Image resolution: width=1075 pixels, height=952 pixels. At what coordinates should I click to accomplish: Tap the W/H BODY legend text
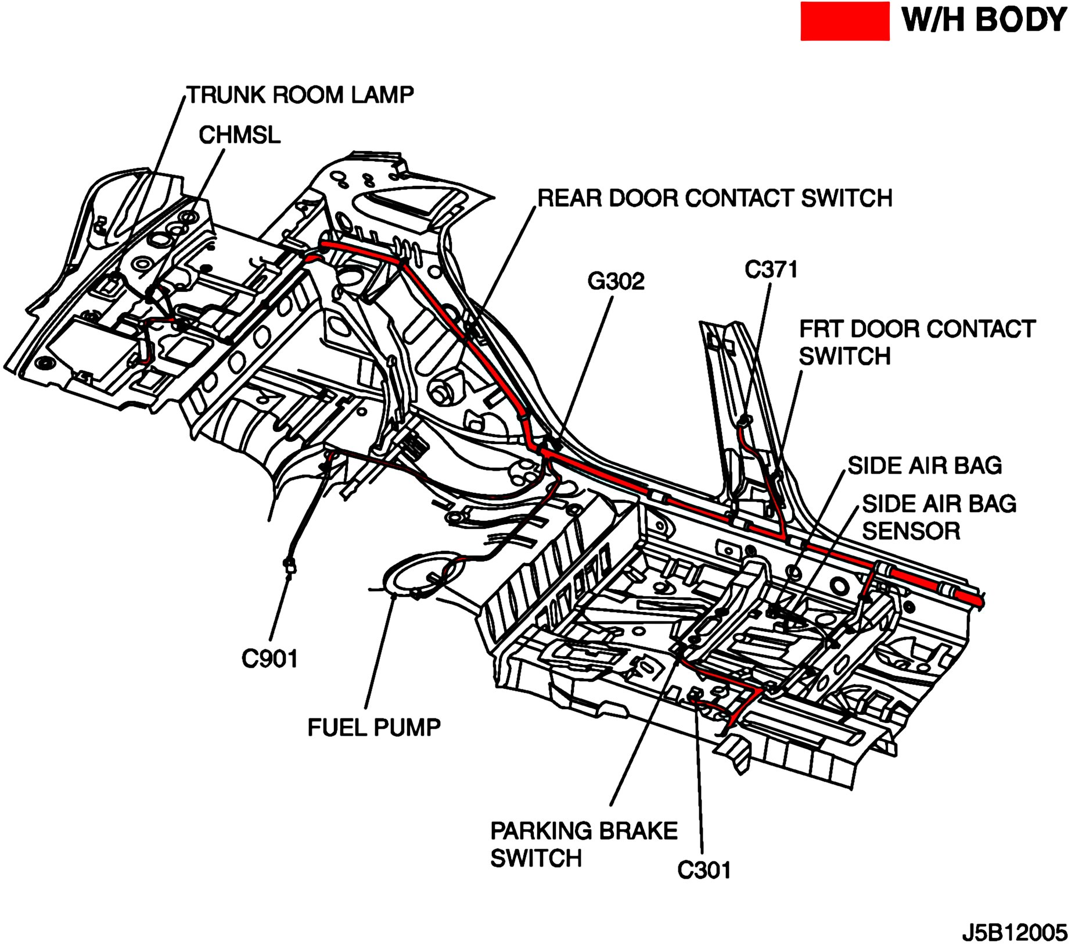tap(983, 20)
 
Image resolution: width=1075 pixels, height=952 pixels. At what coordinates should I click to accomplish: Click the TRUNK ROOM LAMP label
tap(300, 95)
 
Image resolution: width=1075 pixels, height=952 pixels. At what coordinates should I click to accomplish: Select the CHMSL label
tap(239, 135)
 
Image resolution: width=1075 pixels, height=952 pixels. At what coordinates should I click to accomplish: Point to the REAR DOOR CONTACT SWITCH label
tap(714, 199)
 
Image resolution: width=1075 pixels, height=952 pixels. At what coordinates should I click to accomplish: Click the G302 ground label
tap(616, 281)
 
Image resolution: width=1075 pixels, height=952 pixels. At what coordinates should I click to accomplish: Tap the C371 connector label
tap(771, 270)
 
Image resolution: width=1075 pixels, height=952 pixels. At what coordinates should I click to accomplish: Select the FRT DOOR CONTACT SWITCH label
tap(916, 342)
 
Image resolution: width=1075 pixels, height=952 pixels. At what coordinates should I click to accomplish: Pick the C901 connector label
tap(269, 659)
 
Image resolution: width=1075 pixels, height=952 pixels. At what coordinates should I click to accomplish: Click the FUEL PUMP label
tap(373, 727)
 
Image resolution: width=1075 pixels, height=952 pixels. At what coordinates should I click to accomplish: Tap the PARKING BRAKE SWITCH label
tap(583, 844)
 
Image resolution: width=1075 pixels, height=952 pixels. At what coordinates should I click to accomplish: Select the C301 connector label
tap(704, 870)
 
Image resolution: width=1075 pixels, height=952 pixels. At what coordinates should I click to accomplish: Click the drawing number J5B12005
tap(1014, 933)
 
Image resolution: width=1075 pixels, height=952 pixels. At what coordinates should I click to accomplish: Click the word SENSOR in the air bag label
tap(911, 531)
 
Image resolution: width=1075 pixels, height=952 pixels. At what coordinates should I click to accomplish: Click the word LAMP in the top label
tap(382, 95)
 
